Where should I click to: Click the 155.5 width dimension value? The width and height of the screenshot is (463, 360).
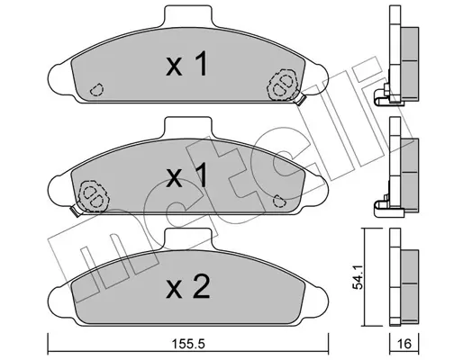(189, 344)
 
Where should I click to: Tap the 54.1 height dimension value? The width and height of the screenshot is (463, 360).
(359, 277)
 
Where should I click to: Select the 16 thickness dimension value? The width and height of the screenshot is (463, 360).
(404, 344)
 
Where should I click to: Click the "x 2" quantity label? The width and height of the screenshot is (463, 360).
(188, 287)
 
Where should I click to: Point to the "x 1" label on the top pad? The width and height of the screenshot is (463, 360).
(186, 64)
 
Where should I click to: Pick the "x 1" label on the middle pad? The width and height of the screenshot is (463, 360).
(186, 175)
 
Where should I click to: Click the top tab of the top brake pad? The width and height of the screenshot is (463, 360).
(188, 16)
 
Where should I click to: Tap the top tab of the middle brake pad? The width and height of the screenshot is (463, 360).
(188, 128)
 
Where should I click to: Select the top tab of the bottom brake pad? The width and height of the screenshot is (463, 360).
(188, 239)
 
